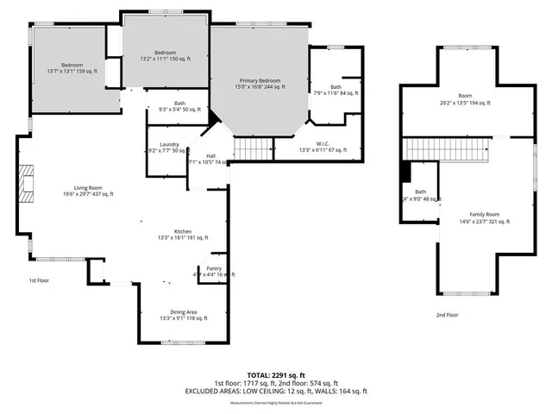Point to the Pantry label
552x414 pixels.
214,268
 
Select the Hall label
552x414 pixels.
210,155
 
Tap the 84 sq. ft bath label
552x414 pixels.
336,93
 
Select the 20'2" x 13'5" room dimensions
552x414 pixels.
465,103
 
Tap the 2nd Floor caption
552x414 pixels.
447,315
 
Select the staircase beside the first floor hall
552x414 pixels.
250,150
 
